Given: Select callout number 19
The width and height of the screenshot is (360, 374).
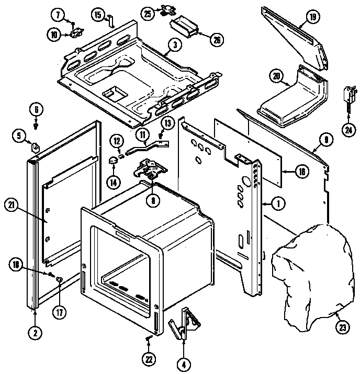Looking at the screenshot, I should click(313, 18).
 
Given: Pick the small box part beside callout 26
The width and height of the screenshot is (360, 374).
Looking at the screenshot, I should click(183, 25).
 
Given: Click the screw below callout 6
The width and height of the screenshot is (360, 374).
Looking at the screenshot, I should click(36, 126).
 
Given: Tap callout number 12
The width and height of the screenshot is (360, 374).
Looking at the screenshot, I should click(117, 141).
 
